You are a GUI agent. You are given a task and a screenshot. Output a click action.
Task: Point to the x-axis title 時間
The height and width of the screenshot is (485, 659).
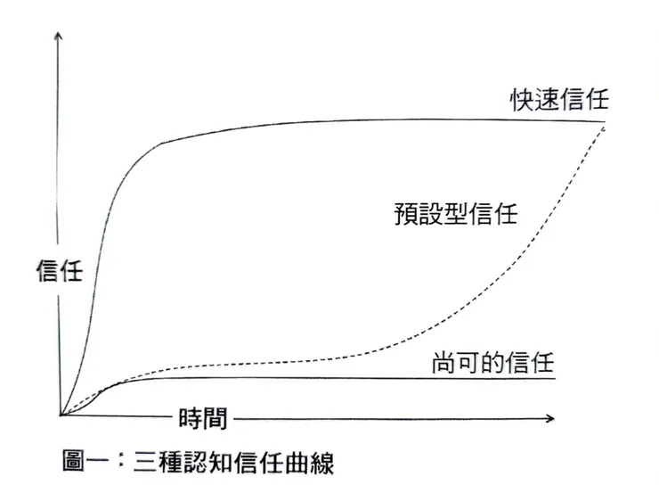[202, 416]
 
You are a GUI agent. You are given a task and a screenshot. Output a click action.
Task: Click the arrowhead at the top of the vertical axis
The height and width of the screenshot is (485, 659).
[59, 37]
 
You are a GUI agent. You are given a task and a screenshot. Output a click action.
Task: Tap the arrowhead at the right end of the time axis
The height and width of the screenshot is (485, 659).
[551, 416]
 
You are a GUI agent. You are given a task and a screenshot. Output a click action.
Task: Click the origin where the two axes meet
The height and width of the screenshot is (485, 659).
[60, 415]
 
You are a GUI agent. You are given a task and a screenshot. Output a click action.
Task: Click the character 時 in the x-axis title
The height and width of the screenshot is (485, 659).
[191, 416]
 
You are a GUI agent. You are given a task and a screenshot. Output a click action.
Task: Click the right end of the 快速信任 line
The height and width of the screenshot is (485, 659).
[605, 120]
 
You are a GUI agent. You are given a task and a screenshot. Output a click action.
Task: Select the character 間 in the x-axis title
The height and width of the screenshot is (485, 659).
[215, 416]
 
